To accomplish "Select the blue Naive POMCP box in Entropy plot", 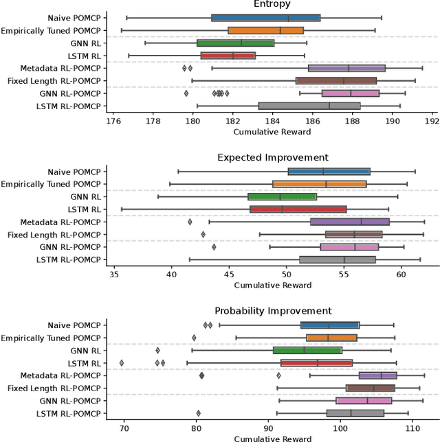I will point(265,18).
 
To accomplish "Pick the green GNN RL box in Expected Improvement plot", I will point(282,196).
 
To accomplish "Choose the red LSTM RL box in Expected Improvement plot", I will point(298,209).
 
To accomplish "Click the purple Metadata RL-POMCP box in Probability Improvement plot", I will point(377,375).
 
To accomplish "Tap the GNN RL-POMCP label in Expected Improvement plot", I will point(68,247).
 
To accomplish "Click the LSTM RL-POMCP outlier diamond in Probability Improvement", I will point(198,413).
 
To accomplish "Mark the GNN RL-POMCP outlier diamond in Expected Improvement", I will point(214,247).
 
